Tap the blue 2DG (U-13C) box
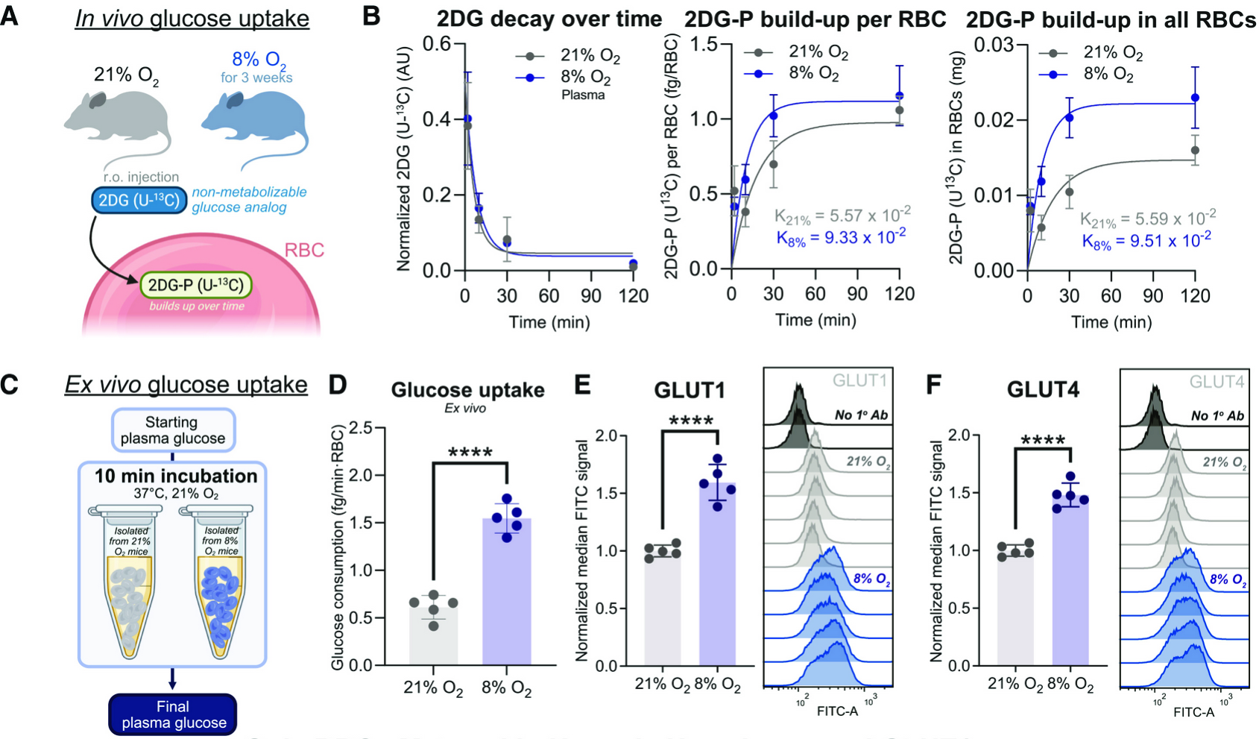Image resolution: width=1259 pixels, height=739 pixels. click(x=139, y=200)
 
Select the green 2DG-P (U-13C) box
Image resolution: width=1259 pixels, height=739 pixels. click(x=196, y=285)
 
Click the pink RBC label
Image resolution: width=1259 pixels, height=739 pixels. click(x=304, y=250)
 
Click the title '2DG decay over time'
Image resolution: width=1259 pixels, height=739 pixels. click(x=549, y=19)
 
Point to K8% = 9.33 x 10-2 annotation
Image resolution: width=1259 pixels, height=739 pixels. click(x=841, y=237)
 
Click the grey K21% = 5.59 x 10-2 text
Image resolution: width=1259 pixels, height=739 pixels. click(x=1148, y=219)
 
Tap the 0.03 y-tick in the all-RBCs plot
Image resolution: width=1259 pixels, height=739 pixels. click(x=996, y=45)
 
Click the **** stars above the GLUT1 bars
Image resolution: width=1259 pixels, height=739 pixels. click(x=691, y=421)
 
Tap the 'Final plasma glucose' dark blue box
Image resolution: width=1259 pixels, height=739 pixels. click(x=173, y=714)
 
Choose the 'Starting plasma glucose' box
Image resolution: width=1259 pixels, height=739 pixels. click(x=173, y=430)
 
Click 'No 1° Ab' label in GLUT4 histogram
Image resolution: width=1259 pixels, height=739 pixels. click(x=1217, y=415)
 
